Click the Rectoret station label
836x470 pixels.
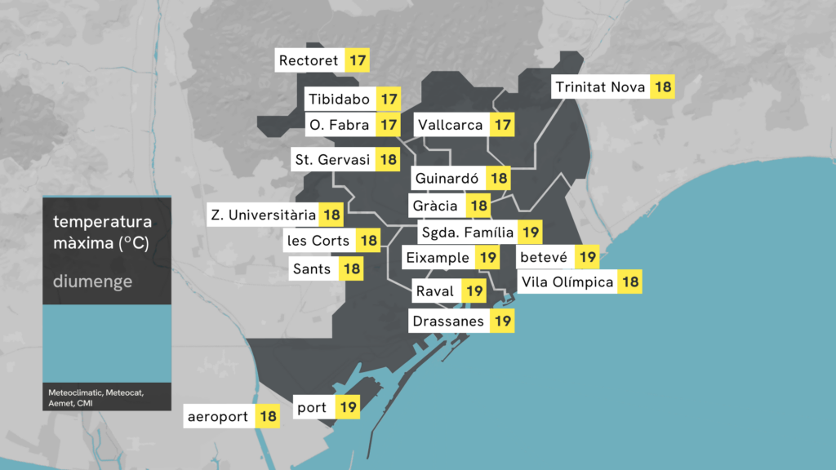tap(309, 61)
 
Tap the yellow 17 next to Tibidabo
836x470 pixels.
tap(389, 100)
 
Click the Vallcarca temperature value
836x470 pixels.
tap(503, 126)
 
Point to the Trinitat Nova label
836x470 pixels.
tap(600, 86)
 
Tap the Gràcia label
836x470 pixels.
tap(435, 206)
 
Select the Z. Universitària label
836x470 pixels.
tap(263, 215)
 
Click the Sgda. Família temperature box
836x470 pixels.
tap(531, 233)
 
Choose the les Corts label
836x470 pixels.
tap(318, 241)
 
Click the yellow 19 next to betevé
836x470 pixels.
tap(587, 258)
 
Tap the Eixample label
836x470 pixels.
tap(438, 259)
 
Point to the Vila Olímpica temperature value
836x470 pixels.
tap(630, 282)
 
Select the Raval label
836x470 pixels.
tap(435, 291)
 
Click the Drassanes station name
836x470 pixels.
tap(448, 321)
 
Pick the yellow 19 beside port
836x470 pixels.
tap(349, 406)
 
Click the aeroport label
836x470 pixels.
tap(217, 417)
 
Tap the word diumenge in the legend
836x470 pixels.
tap(92, 282)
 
